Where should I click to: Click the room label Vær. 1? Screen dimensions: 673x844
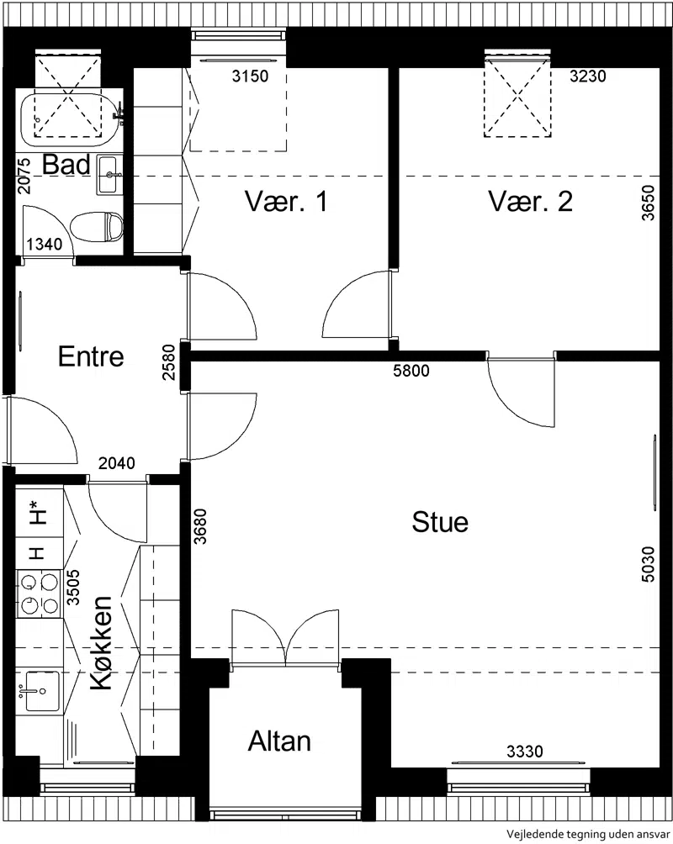click(286, 201)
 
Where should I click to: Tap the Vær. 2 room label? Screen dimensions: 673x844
click(530, 201)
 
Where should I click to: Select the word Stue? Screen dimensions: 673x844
click(440, 522)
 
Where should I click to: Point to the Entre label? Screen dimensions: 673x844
click(91, 356)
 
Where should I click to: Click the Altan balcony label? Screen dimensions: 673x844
click(279, 741)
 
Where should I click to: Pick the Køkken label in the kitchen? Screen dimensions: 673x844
click(101, 643)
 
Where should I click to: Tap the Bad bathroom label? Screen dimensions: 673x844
click(66, 164)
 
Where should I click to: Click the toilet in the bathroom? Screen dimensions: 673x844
click(97, 227)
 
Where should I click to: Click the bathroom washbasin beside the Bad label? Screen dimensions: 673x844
click(109, 174)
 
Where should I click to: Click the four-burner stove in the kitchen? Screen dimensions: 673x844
click(40, 593)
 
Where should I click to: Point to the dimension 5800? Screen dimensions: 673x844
click(411, 371)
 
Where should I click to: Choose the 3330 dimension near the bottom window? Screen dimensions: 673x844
click(524, 751)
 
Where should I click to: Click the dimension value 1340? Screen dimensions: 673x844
click(45, 245)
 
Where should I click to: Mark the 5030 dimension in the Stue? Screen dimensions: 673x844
click(649, 564)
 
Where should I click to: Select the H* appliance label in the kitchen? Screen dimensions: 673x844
click(36, 512)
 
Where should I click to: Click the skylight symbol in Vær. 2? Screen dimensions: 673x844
click(517, 97)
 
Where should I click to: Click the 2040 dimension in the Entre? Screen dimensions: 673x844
click(116, 463)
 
